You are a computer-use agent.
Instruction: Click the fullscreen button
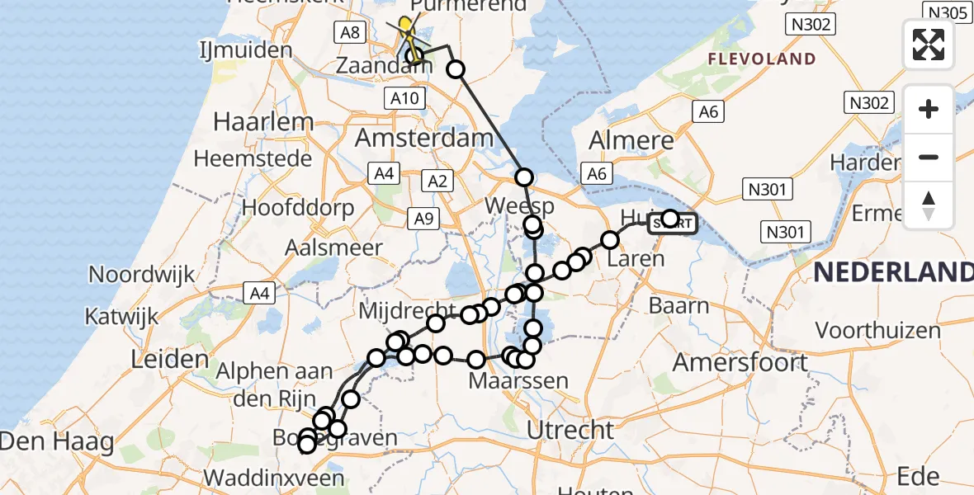[x=929, y=45]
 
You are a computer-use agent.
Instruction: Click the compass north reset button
[x=929, y=205]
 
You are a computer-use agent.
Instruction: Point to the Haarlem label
[x=263, y=122]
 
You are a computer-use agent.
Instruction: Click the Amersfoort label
[x=740, y=362]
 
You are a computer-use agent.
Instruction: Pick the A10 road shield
[x=404, y=99]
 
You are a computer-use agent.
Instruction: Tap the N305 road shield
[x=947, y=12]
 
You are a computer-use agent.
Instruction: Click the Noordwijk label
[x=141, y=274]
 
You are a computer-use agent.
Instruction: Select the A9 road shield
[x=423, y=218]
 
